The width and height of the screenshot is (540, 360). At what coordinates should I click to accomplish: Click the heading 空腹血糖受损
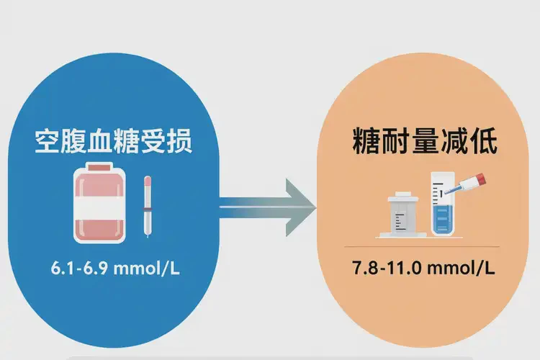(x=113, y=142)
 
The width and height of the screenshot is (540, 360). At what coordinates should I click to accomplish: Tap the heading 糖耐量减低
(x=426, y=142)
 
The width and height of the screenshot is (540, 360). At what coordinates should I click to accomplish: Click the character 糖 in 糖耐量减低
(x=366, y=142)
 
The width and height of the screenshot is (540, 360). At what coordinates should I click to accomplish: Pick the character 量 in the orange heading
(x=426, y=142)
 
